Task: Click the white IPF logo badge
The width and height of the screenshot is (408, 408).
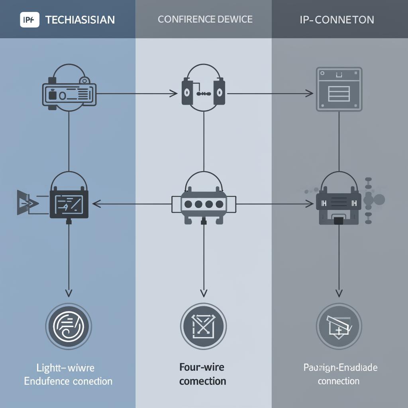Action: (x=29, y=20)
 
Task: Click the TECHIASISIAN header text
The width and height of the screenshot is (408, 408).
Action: (x=80, y=20)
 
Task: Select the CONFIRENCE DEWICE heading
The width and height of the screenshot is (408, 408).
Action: (x=205, y=19)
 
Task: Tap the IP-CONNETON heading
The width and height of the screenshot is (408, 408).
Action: (x=337, y=20)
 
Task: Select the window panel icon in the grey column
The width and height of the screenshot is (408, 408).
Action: (x=339, y=89)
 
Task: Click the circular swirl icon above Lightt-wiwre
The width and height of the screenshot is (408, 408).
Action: (x=69, y=326)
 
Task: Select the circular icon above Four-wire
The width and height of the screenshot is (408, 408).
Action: (x=203, y=326)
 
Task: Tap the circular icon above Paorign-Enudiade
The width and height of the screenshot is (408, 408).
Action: (x=339, y=326)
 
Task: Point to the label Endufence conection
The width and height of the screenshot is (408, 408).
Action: (x=68, y=381)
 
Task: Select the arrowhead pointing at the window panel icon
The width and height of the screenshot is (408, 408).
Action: (x=309, y=94)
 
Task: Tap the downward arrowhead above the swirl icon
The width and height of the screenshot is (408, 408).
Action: (x=69, y=293)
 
